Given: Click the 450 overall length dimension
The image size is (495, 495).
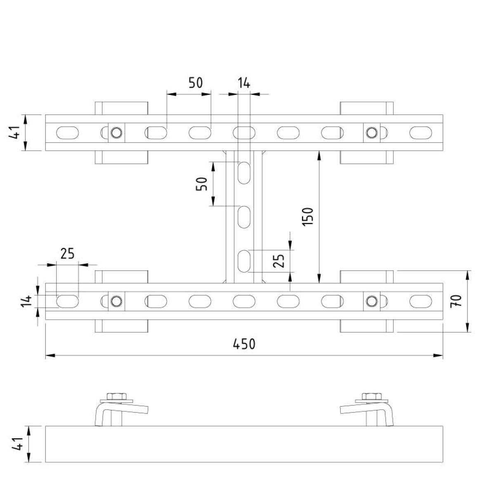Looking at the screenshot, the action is (x=244, y=344).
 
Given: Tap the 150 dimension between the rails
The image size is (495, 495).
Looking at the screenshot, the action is (x=308, y=217).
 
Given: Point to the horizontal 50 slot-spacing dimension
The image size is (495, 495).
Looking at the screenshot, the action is (x=196, y=83).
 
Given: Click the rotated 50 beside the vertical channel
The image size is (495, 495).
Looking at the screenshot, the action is (x=202, y=184).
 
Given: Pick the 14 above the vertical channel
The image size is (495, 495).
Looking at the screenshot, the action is (x=244, y=83).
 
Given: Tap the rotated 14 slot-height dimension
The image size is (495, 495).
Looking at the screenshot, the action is (x=26, y=301).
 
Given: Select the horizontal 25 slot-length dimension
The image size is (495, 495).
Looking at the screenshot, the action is (x=68, y=254).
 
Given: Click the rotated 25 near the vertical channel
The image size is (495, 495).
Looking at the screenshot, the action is (x=279, y=261).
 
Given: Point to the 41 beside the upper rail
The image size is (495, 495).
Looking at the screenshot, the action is (x=14, y=132).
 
